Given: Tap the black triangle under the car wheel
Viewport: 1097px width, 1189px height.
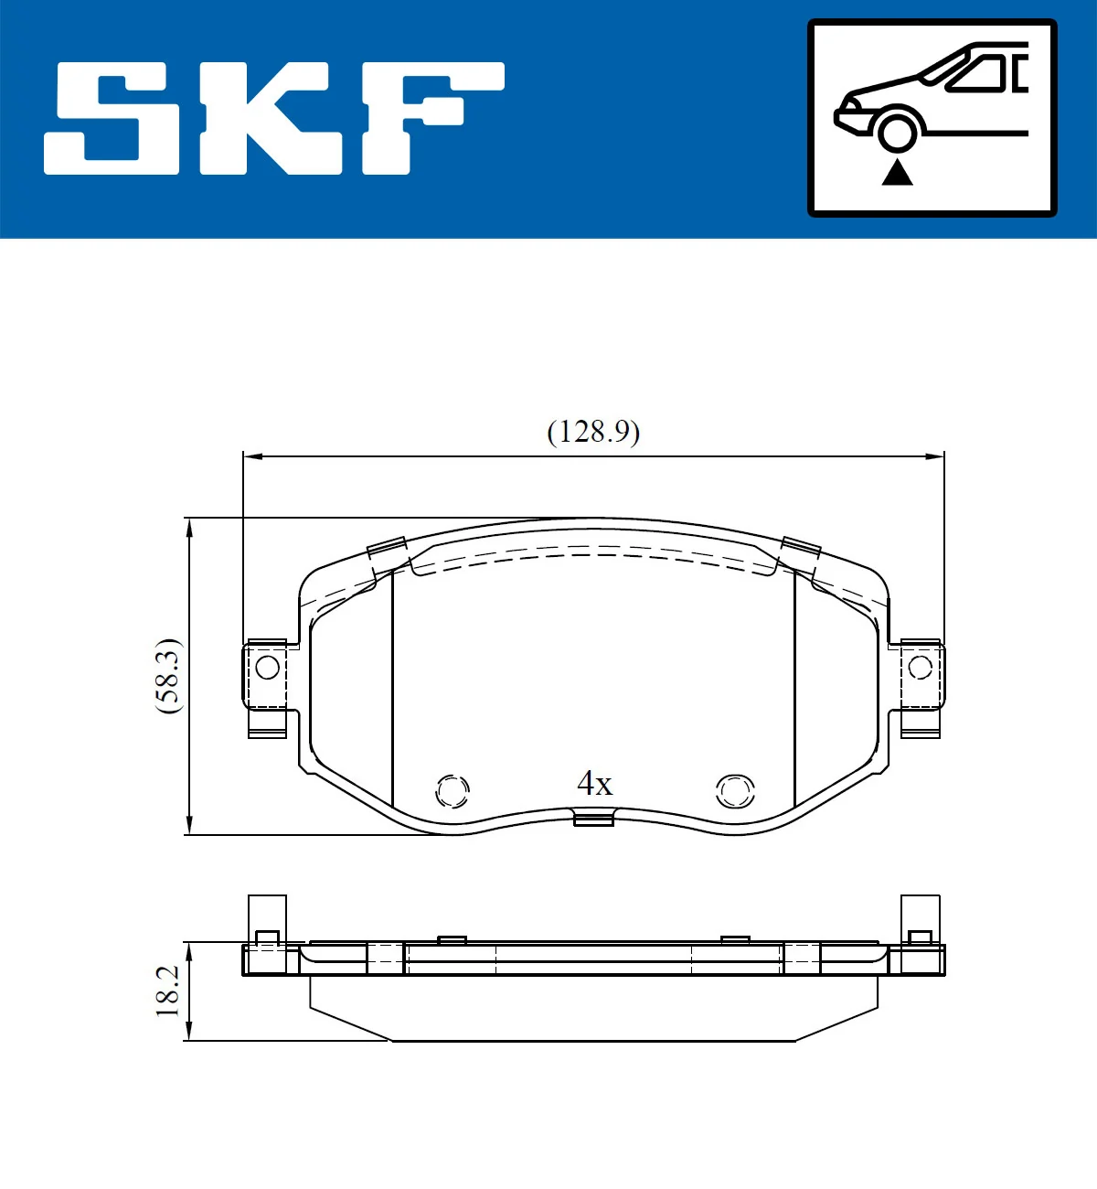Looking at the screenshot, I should (897, 172).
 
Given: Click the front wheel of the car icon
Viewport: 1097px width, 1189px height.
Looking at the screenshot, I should (897, 131).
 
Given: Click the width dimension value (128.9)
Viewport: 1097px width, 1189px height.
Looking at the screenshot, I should (593, 431).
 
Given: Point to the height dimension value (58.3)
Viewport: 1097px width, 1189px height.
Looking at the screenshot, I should (168, 676).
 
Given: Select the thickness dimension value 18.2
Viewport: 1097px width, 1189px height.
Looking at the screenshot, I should (167, 991).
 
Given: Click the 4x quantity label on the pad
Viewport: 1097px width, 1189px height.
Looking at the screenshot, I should (594, 783).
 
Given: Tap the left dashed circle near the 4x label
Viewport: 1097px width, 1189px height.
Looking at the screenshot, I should (453, 790).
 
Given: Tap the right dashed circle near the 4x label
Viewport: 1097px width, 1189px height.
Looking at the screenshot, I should (735, 790).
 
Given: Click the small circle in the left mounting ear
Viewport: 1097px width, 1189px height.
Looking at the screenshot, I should (267, 667).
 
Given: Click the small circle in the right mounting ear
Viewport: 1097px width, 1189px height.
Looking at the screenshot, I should (921, 667).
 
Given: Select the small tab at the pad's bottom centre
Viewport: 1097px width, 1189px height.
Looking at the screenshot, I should (593, 819).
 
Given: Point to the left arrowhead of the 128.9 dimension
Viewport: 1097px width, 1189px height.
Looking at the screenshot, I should (250, 455).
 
